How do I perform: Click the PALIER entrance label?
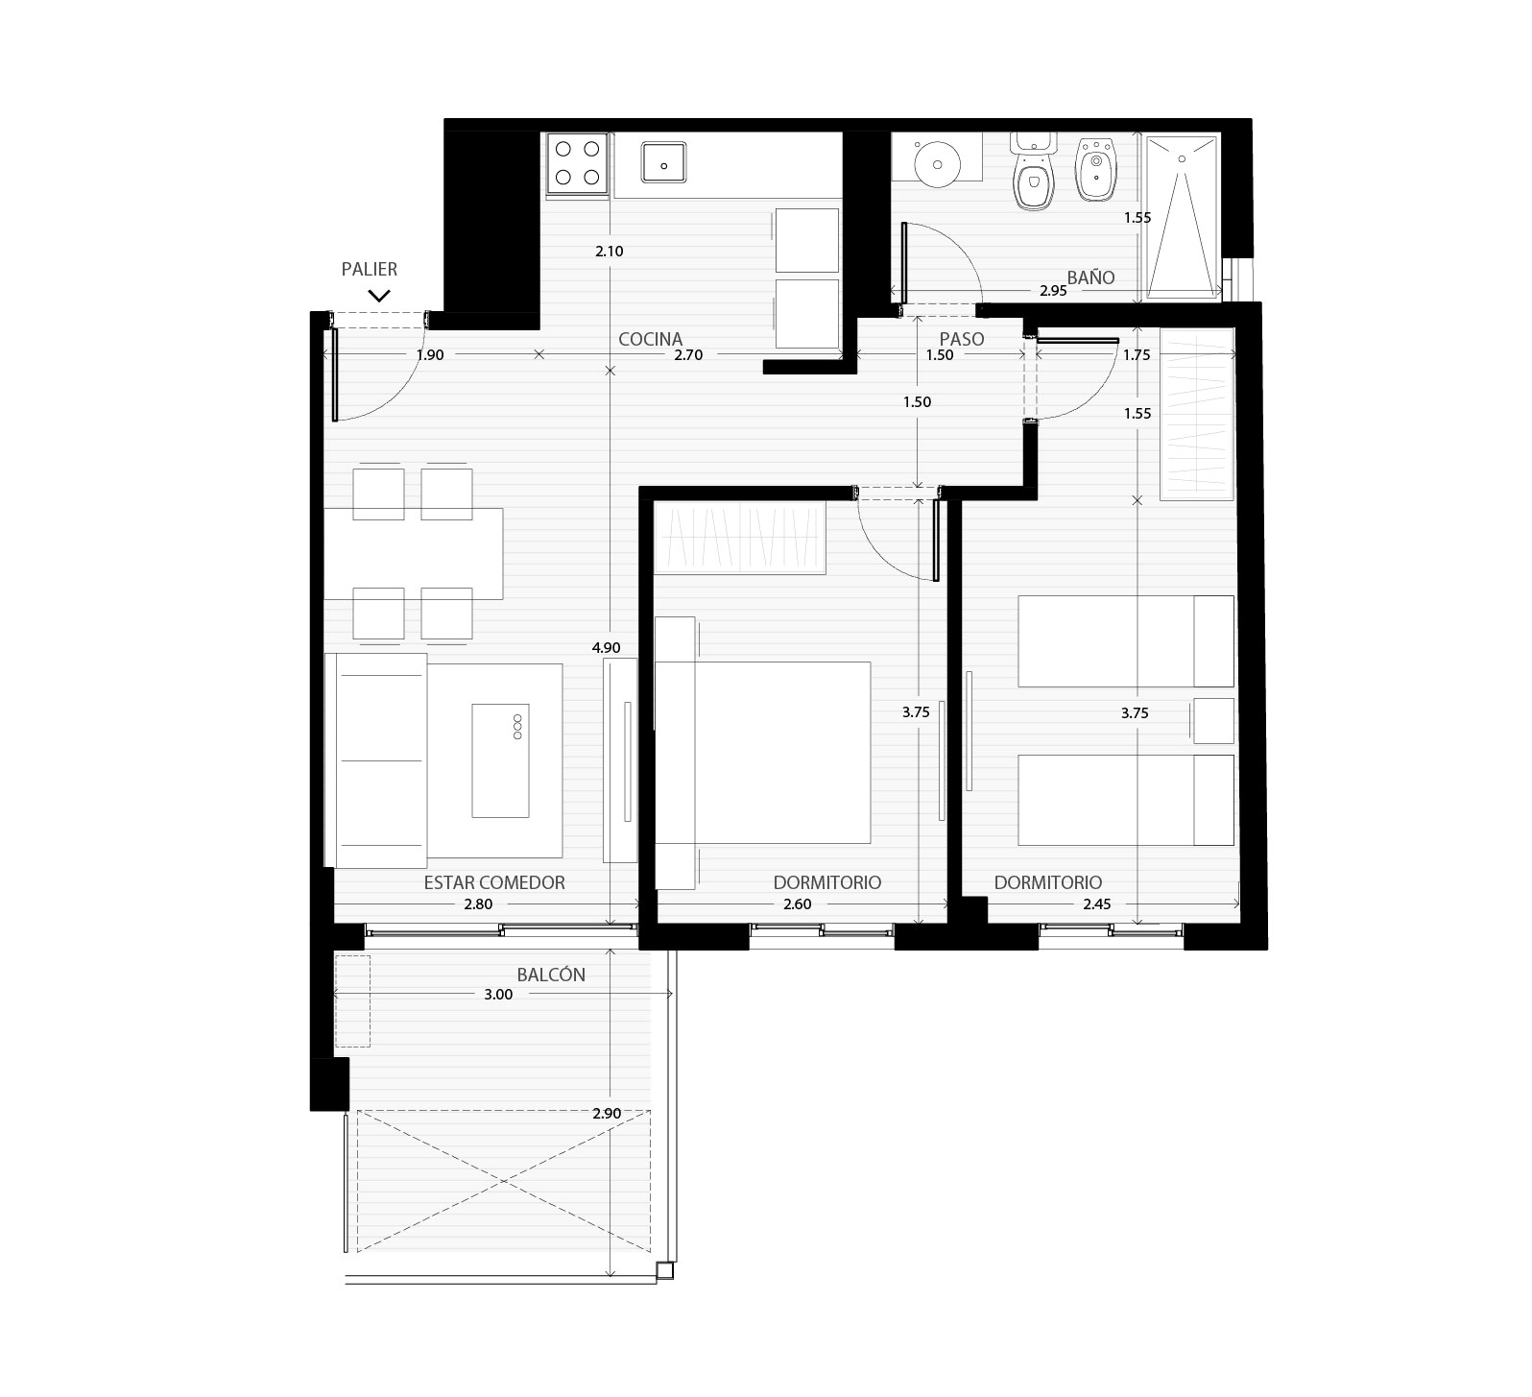click(370, 270)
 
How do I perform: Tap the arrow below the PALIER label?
click(379, 296)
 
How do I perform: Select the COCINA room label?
click(650, 339)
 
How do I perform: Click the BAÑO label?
click(1090, 277)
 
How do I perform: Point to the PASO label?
click(961, 339)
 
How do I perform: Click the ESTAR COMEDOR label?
click(494, 882)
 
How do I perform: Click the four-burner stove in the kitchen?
click(577, 163)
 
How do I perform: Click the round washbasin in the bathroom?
click(936, 162)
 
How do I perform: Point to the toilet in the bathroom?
click(1033, 173)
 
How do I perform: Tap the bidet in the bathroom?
click(1096, 169)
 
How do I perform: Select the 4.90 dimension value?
click(607, 648)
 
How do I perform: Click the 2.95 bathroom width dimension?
click(1053, 291)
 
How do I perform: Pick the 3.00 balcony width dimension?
click(498, 995)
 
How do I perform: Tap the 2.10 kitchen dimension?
click(610, 252)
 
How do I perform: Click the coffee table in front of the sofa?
click(500, 760)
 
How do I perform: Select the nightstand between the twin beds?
click(1212, 721)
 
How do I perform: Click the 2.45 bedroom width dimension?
click(1096, 904)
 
